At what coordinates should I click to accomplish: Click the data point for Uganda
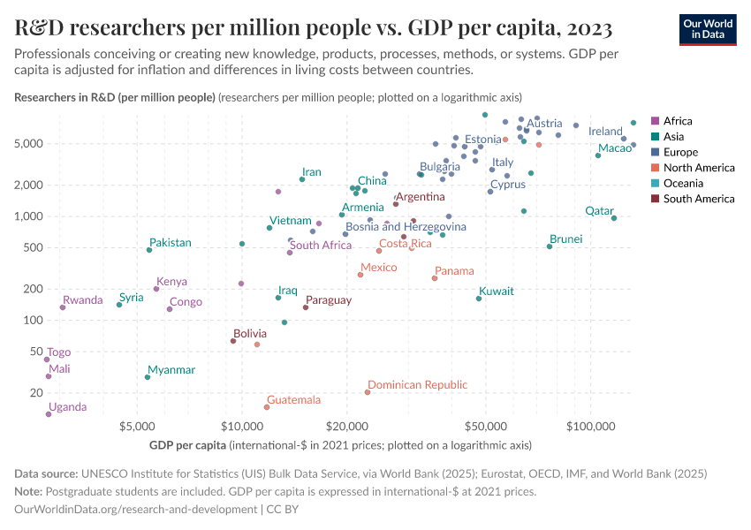coord(49,414)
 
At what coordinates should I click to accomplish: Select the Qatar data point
coord(614,218)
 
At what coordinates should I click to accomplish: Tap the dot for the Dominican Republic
coord(368,392)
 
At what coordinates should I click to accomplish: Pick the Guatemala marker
coord(267,407)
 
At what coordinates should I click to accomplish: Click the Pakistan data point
coord(149,250)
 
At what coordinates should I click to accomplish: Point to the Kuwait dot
coord(479,299)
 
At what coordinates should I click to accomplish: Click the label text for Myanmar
coord(171,370)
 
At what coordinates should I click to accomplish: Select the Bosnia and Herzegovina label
coord(406,227)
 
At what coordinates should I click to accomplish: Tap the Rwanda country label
coord(83,300)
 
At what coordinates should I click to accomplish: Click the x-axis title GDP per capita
coord(186,444)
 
